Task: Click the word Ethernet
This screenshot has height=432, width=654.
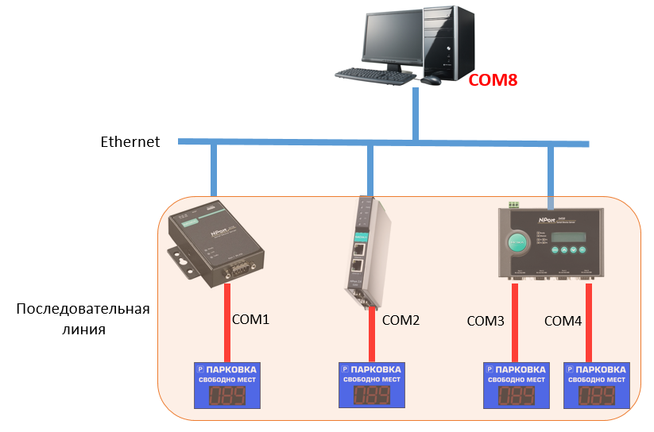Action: pyautogui.click(x=130, y=142)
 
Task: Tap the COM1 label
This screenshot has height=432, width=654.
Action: pyautogui.click(x=251, y=320)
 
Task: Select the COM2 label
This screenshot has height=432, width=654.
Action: pyautogui.click(x=401, y=321)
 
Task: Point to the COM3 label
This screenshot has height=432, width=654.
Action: pyautogui.click(x=486, y=321)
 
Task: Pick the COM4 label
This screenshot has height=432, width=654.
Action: pyautogui.click(x=563, y=321)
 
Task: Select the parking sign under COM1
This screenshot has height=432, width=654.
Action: pyautogui.click(x=228, y=385)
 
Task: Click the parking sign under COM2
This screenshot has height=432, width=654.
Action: pyautogui.click(x=372, y=385)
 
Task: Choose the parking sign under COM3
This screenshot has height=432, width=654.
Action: pyautogui.click(x=517, y=385)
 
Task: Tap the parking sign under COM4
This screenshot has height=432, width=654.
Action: pyautogui.click(x=596, y=385)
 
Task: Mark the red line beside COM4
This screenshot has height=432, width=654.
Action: pyautogui.click(x=589, y=322)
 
